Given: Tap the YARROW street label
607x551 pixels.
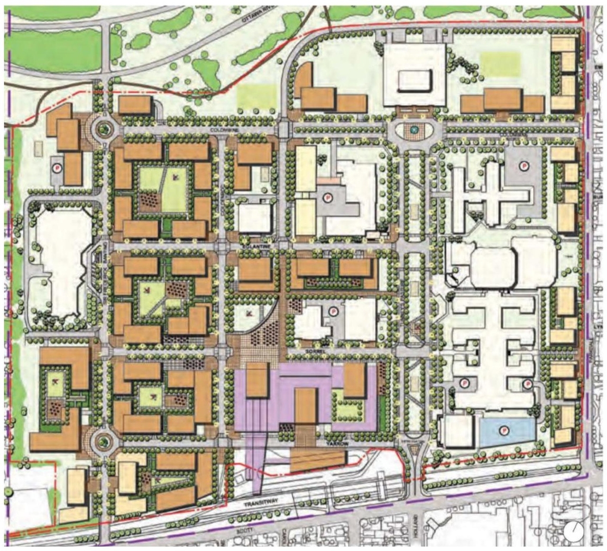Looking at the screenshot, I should pyautogui.click(x=338, y=443).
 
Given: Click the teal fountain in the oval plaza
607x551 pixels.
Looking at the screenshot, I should pyautogui.click(x=414, y=129).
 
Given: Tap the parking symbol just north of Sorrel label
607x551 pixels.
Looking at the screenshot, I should pyautogui.click(x=332, y=312).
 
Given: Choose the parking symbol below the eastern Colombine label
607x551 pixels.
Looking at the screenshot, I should pyautogui.click(x=524, y=165).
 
